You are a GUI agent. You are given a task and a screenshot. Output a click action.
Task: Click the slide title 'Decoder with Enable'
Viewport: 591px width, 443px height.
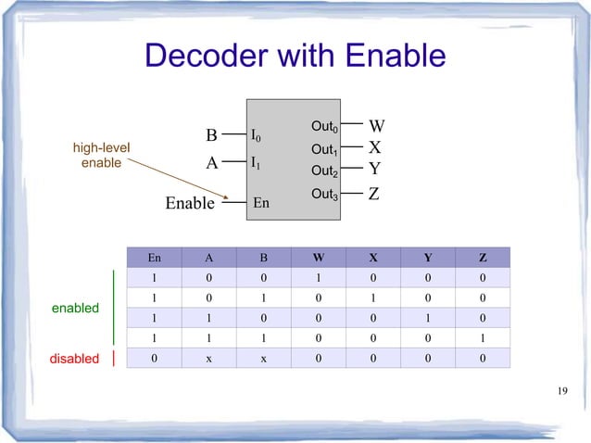point(295,57)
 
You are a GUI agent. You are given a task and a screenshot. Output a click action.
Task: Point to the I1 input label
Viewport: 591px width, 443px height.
point(256,162)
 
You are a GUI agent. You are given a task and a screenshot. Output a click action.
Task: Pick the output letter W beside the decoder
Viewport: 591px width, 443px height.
point(377,126)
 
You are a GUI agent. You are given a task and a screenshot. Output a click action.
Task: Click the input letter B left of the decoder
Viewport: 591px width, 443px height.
point(211,135)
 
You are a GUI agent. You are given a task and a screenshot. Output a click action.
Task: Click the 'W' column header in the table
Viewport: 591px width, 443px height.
point(319,257)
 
